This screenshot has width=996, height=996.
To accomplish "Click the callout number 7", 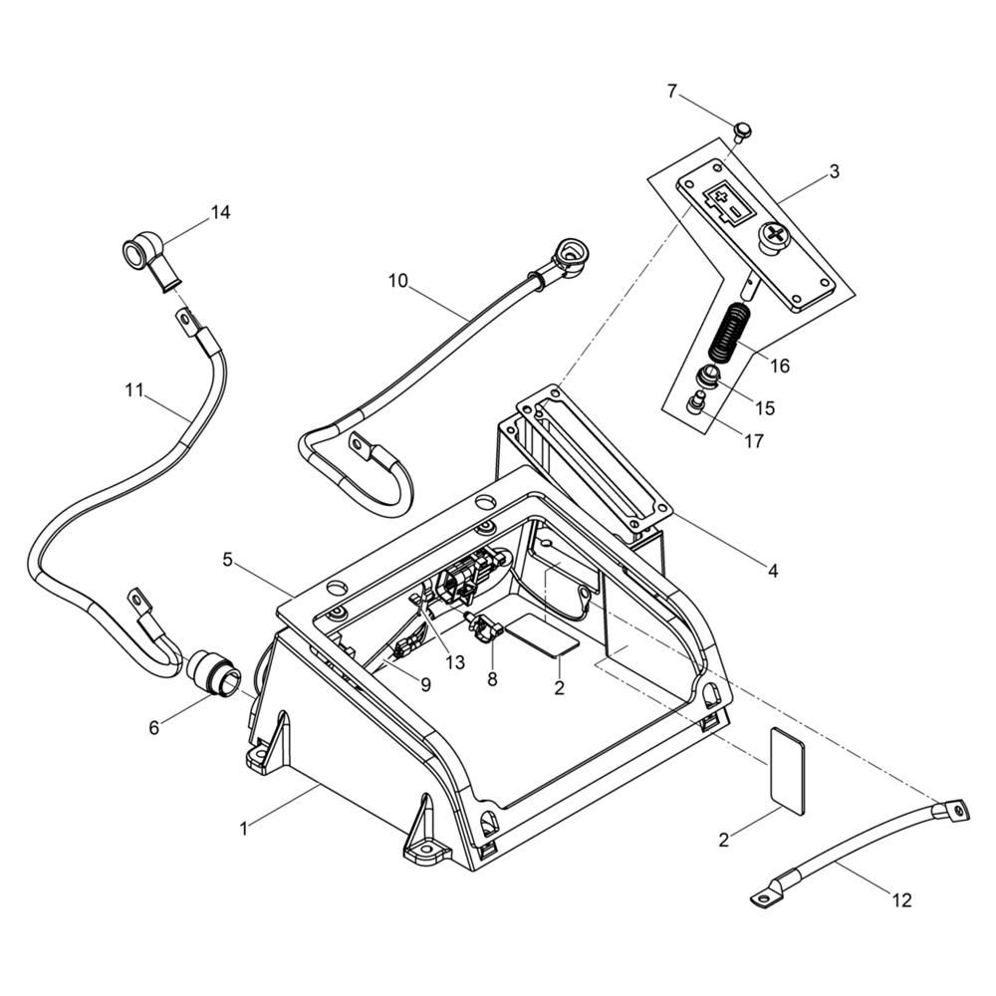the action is pos(672,92).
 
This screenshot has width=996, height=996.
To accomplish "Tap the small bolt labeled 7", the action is pos(740,132).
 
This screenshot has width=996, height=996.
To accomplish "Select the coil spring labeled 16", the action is pos(729,334).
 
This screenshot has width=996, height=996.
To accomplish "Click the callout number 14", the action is pos(220,212).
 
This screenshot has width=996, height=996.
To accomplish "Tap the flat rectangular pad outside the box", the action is pos(787,770).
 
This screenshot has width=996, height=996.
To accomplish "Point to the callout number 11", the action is pos(134,389).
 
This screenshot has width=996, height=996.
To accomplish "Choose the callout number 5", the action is pos(228,560).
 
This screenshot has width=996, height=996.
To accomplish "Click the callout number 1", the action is pos(243,829).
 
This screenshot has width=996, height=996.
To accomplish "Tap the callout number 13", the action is pos(455,662).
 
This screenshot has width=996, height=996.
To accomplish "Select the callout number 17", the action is pos(753,441).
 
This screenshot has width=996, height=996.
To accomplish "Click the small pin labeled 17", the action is pos(697,402).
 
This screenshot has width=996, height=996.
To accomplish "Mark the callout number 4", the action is pos(773,571).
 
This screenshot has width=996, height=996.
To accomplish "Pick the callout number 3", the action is pos(834,171).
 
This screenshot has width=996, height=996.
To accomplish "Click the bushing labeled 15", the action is pos(710,377).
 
